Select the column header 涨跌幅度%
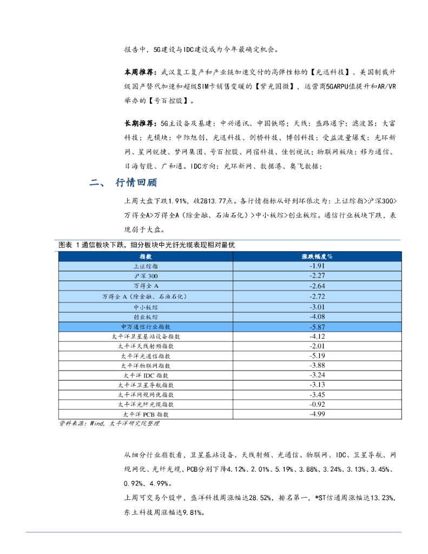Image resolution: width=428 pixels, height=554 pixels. tap(317, 256)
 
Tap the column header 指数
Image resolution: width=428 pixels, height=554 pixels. tap(146, 256)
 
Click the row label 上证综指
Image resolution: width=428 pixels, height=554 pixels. tap(146, 266)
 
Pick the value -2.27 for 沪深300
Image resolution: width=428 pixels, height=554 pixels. tap(317, 276)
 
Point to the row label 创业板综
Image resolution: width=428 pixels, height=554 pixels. tap(146, 316)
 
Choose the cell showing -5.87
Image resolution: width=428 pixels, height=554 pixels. tap(317, 327)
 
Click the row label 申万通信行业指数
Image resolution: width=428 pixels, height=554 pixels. tap(146, 327)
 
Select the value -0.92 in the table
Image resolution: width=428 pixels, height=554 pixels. tap(317, 404)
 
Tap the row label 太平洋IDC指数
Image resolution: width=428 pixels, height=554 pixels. tap(146, 375)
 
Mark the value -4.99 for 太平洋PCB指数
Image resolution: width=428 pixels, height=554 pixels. tap(317, 414)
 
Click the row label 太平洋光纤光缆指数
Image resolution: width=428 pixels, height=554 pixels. tap(146, 404)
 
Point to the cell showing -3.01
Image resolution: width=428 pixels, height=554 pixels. tap(317, 307)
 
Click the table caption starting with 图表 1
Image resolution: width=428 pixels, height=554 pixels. tap(147, 245)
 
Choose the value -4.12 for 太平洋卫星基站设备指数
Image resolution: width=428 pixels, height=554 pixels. tap(317, 336)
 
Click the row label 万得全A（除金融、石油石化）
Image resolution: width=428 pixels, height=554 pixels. tap(146, 296)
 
